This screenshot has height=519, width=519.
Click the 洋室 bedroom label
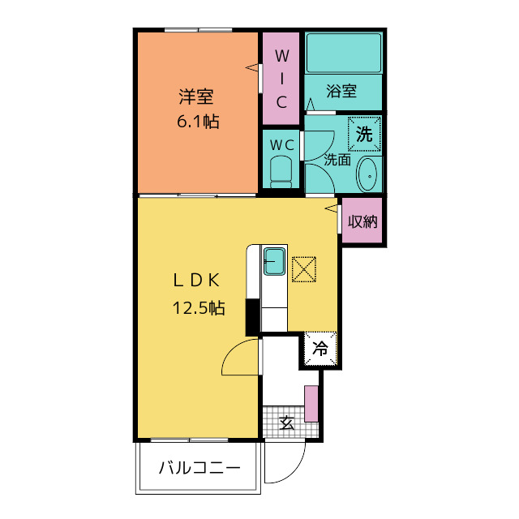tap(196, 97)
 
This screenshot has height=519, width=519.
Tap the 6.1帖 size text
tap(198, 122)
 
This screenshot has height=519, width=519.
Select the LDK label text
tap(196, 281)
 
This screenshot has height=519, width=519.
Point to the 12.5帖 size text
tap(199, 308)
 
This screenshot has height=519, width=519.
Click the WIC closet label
tap(281, 79)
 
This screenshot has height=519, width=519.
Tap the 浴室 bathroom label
tap(341, 91)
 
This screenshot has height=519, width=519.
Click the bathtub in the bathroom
tap(344, 53)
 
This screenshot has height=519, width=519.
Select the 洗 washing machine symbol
tap(364, 134)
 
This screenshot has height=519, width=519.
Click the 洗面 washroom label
tap(337, 160)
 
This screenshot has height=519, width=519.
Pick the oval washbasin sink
tap(367, 174)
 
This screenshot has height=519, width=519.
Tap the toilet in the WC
tap(281, 172)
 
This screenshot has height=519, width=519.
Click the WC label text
tap(282, 145)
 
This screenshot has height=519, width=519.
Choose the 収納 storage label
tap(362, 221)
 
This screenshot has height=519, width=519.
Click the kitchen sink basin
tap(274, 261)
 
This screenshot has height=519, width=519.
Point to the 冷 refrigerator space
tap(320, 349)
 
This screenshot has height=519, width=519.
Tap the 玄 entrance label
tap(286, 422)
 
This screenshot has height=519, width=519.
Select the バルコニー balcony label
tap(199, 468)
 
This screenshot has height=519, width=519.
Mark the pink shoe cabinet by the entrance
tap(311, 404)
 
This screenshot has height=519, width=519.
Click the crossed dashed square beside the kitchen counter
tap(304, 269)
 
